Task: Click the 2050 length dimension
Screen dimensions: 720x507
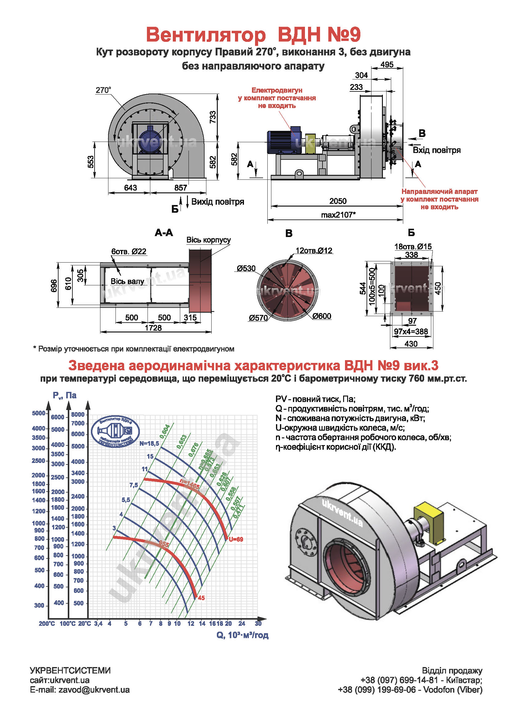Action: click(x=338, y=201)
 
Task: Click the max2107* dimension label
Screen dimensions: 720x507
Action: click(x=338, y=215)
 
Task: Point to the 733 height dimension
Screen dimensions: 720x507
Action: click(x=213, y=117)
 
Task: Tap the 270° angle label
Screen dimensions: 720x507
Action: click(x=103, y=90)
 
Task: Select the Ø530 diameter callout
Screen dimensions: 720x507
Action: click(x=246, y=268)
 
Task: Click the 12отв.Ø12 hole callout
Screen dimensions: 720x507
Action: click(x=314, y=251)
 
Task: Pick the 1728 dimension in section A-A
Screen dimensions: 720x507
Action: click(x=153, y=328)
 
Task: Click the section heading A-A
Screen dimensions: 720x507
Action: click(x=164, y=233)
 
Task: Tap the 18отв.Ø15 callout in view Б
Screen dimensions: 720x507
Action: click(x=413, y=247)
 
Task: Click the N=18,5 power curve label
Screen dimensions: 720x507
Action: click(x=149, y=443)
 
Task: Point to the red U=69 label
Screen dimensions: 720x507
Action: click(x=236, y=539)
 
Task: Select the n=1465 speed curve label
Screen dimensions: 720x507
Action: click(x=189, y=483)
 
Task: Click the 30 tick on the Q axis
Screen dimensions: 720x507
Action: click(x=258, y=623)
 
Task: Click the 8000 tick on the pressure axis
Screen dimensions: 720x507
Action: click(x=78, y=415)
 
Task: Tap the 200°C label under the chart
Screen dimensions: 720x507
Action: click(x=47, y=624)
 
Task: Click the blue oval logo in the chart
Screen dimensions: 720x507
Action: click(x=116, y=431)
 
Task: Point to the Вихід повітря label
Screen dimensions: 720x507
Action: click(x=217, y=202)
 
